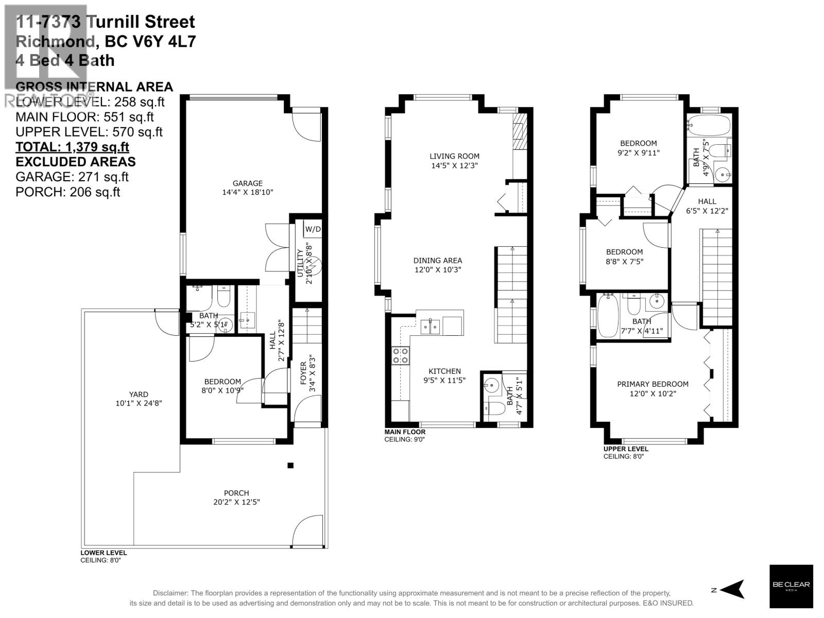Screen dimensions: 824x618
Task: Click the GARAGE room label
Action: point(247,183)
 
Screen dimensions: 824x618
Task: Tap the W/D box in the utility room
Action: point(312,229)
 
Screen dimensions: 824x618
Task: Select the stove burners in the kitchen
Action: point(400,355)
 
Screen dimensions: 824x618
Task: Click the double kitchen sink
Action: point(430,327)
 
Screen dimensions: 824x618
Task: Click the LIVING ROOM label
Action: point(454,156)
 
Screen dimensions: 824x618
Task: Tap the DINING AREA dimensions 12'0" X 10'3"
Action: point(438,269)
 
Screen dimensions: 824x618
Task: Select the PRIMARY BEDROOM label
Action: point(653,384)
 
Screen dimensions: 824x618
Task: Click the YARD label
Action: point(139,394)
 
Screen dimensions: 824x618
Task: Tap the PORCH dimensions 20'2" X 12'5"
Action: point(236,502)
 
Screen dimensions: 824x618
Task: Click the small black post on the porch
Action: point(290,465)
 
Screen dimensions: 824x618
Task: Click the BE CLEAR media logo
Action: point(791,586)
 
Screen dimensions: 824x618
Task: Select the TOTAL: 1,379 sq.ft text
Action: point(72,147)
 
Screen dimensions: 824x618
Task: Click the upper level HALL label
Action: point(707,201)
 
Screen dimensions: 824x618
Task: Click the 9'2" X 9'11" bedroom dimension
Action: point(638,153)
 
